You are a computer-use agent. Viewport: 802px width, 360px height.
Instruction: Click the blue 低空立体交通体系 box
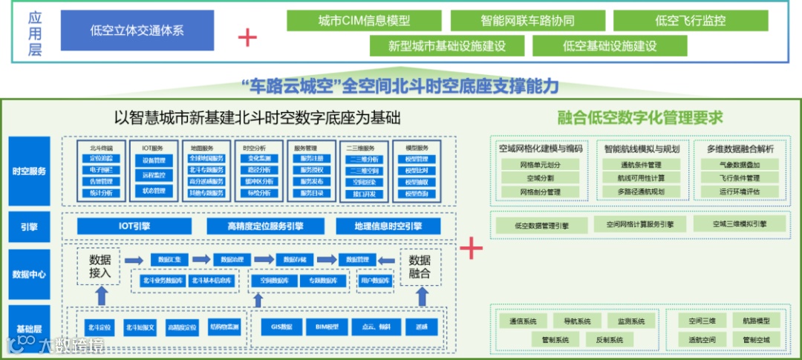coord(137,30)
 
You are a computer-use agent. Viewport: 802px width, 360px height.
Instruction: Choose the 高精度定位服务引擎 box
coord(265,226)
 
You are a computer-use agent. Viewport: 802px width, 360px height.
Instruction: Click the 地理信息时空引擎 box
coord(388,226)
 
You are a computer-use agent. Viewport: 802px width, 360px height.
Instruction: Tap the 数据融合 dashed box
coord(420,266)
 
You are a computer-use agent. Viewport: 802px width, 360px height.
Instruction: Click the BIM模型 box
coord(326,327)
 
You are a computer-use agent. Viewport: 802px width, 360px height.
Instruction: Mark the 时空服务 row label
coord(30,171)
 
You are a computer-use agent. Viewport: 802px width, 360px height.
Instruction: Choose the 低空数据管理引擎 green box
coord(541,225)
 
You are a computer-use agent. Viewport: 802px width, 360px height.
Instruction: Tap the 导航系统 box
coord(577,321)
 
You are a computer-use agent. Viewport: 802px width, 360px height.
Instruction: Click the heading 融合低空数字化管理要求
coord(639,117)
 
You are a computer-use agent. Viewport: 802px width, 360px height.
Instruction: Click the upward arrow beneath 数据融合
coord(421,296)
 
